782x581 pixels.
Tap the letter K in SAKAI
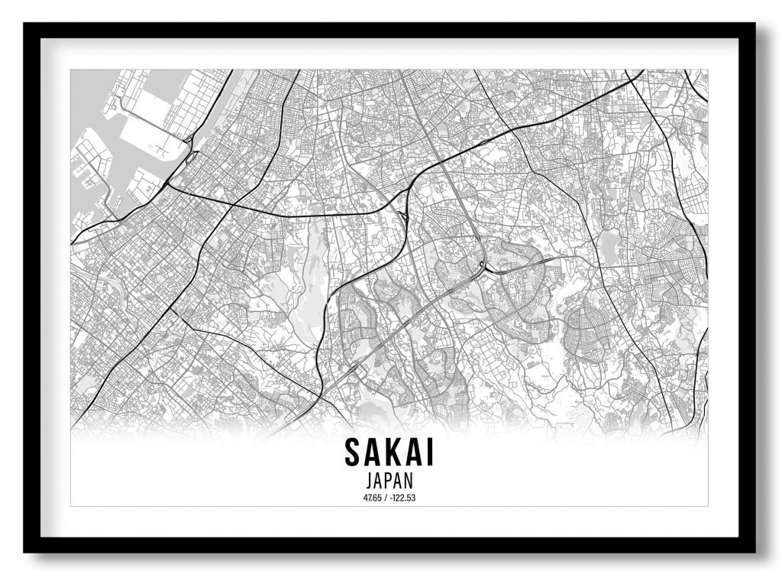391,453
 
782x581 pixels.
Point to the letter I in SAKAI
430,453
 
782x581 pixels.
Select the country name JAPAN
390,482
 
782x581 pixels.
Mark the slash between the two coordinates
386,498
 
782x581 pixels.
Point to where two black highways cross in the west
229,205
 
